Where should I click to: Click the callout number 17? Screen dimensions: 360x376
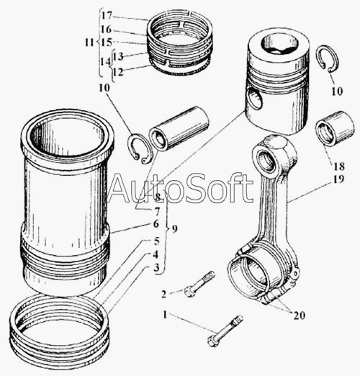point(106,16)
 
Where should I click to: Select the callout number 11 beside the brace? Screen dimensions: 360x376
point(89,42)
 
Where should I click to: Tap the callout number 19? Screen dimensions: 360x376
point(338,179)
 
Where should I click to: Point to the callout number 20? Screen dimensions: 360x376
point(299,315)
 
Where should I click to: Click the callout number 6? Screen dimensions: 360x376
point(156,224)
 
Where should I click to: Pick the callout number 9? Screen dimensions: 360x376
point(175,230)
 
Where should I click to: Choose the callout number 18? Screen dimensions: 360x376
point(338,166)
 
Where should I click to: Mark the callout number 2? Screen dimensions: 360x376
point(164,294)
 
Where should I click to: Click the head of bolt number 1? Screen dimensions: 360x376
point(212,341)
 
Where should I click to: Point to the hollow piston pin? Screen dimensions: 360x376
point(179,128)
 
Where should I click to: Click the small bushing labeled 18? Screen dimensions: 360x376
point(336,128)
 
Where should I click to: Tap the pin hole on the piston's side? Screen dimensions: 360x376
point(254,99)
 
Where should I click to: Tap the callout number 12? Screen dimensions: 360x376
point(118,72)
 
